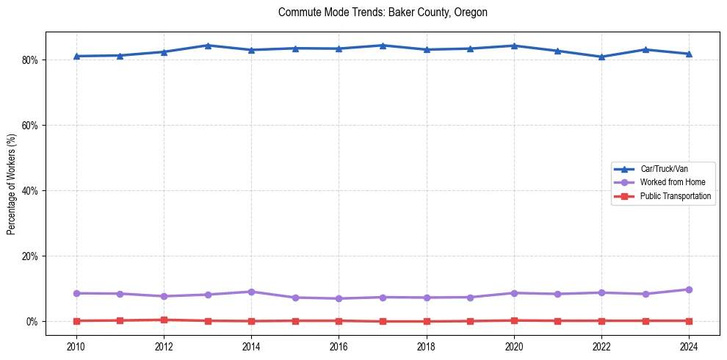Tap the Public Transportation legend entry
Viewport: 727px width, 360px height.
(675, 196)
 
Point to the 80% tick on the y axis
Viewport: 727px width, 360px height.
(31, 60)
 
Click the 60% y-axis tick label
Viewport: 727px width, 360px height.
(31, 126)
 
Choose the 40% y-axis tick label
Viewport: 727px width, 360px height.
(31, 191)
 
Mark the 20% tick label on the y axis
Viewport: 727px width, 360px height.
(31, 256)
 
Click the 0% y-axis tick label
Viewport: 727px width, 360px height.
(33, 322)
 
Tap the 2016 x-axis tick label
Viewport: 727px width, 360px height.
(339, 345)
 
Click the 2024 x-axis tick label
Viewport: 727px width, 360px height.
(689, 345)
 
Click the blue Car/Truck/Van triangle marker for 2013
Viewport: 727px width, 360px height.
(208, 46)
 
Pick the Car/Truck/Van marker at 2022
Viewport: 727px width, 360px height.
(601, 57)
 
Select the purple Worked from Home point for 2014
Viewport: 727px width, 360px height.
(251, 292)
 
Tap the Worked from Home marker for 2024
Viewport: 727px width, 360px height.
(689, 289)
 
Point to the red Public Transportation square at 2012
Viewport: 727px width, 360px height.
(164, 320)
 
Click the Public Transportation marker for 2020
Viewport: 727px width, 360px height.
(514, 320)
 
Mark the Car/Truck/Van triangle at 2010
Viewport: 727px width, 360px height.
(76, 56)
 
